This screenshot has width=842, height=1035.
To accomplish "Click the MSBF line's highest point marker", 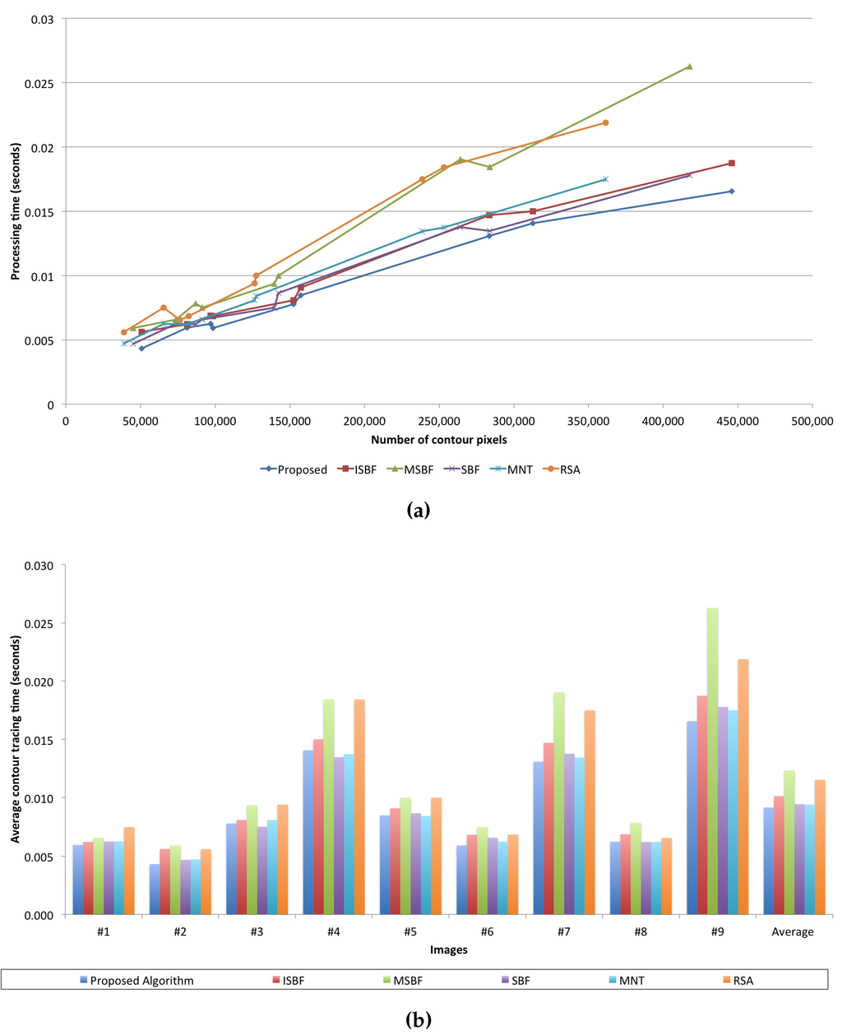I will (689, 67).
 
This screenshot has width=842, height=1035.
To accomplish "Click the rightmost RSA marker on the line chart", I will (605, 122).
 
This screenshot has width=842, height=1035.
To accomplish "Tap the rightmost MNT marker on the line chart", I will (605, 179).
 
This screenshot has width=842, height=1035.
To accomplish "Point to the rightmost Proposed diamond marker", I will (731, 192).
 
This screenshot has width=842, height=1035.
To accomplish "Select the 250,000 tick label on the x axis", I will (438, 422).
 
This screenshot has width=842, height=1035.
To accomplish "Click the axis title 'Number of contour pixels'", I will (438, 440).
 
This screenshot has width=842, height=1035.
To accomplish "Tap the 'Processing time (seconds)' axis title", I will (15, 210).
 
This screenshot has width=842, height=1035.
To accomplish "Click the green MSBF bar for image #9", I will (712, 760).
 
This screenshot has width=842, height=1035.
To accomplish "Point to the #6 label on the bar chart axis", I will (487, 931).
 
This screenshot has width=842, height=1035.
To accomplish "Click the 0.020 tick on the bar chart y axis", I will (39, 682).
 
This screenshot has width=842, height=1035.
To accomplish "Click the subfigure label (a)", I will (418, 511).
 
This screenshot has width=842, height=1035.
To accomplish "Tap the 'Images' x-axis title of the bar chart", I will (448, 950).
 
